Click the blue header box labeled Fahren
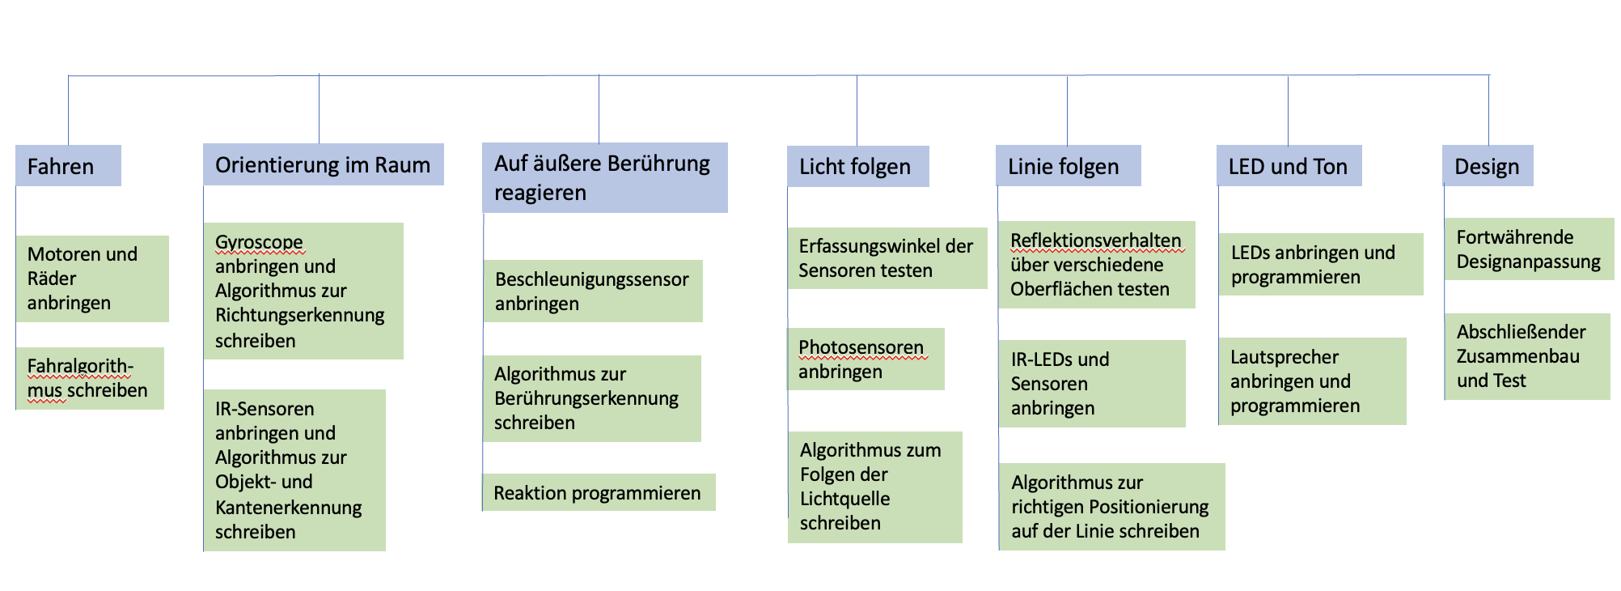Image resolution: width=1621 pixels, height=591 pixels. (68, 166)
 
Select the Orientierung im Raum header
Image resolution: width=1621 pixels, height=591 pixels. (324, 164)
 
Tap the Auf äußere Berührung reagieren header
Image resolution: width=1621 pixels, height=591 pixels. (605, 178)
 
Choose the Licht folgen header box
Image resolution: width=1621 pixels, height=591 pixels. (858, 167)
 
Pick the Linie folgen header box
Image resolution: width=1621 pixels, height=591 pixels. (1069, 166)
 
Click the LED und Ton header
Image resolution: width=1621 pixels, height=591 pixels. (1289, 166)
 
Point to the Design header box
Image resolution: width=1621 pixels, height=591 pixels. (1488, 166)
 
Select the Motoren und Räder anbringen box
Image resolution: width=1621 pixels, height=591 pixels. (92, 278)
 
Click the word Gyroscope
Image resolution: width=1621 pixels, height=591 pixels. (259, 242)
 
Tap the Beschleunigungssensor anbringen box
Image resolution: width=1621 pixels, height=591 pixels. (593, 291)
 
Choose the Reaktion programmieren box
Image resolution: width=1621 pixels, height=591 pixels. (599, 492)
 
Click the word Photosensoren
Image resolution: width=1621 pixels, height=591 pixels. (861, 347)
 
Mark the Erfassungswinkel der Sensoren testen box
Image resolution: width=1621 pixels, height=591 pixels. (887, 258)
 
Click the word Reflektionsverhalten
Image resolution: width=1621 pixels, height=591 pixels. (1096, 240)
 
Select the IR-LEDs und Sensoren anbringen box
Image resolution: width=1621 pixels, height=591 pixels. (1092, 384)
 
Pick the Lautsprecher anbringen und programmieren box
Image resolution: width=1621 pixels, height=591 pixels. (1313, 381)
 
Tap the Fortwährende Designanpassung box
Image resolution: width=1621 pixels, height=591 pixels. (1530, 249)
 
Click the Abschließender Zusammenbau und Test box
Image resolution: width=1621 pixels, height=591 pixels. (1527, 356)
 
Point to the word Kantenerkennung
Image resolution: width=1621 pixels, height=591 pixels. (288, 508)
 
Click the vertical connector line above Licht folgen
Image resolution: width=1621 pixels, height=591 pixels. (857, 111)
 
